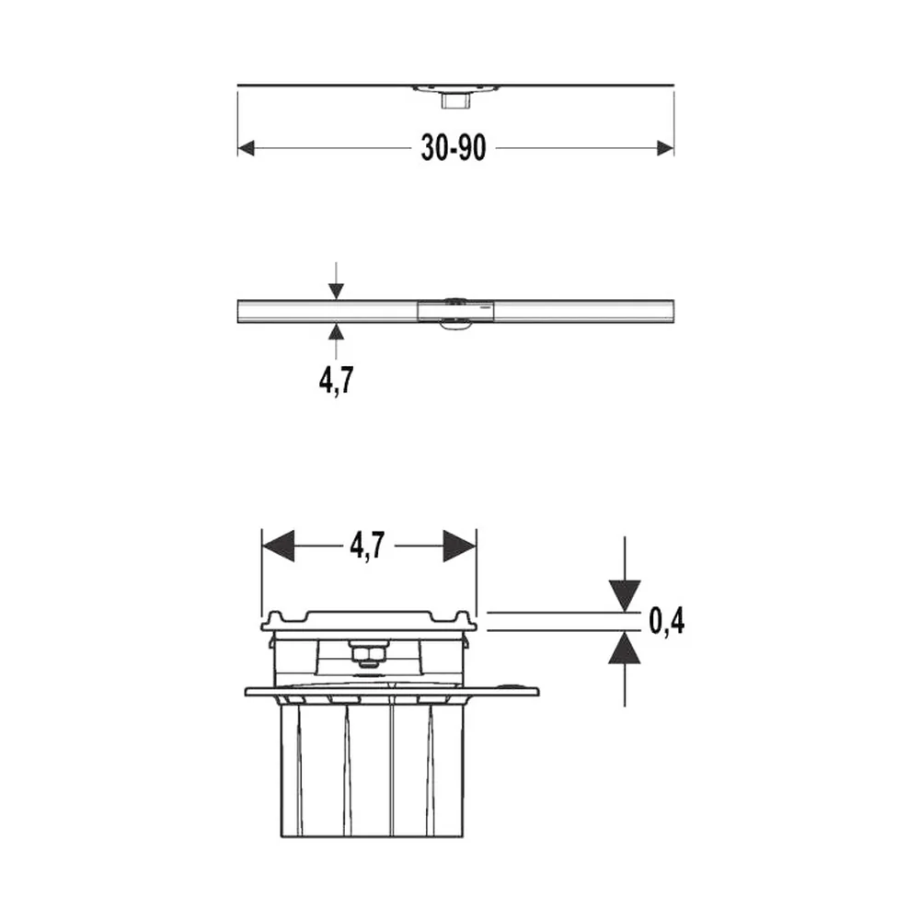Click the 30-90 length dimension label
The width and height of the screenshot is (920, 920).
tap(454, 147)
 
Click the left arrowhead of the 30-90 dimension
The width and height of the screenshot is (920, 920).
tap(246, 148)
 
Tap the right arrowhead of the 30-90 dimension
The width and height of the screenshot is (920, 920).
tap(665, 148)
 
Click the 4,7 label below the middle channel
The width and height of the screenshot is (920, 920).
tap(336, 380)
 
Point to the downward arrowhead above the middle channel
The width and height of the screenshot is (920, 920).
tap(336, 291)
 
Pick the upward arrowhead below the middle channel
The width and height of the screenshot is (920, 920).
tap(336, 331)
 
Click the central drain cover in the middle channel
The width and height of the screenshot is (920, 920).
tap(455, 311)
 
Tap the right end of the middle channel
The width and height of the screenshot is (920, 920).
tap(673, 311)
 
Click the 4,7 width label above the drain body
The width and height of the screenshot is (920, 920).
tap(367, 546)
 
